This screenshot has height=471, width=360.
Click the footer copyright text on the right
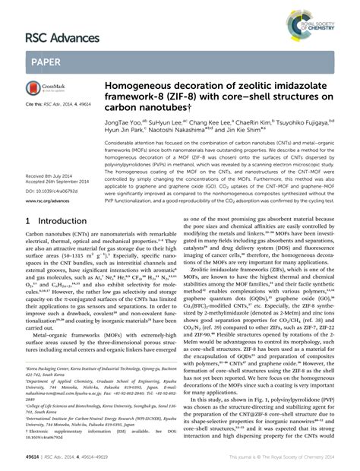pyautogui.click(x=282, y=460)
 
